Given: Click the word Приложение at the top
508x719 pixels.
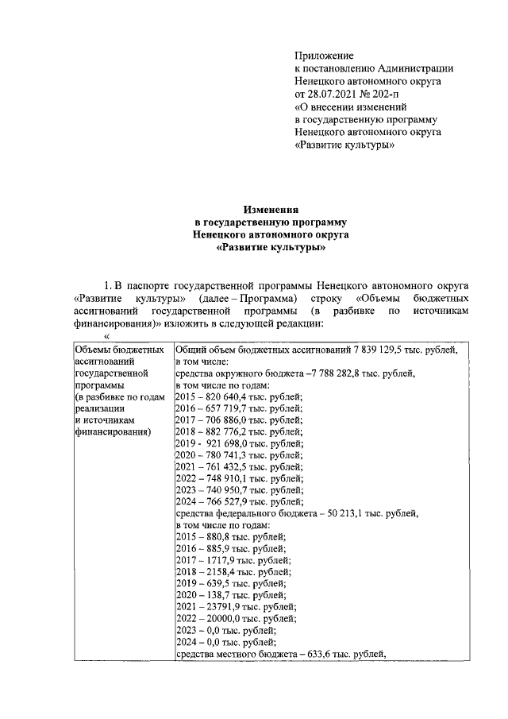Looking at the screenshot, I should click(322, 55).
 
